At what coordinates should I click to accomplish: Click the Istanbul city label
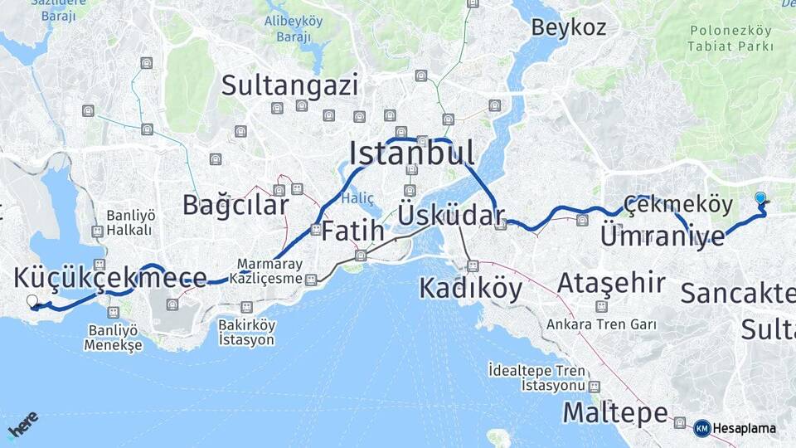(412, 153)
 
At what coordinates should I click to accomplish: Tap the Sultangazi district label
(290, 85)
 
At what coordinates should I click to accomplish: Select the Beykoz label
(569, 27)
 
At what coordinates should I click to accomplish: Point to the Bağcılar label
(235, 205)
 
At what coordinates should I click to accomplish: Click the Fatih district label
(352, 230)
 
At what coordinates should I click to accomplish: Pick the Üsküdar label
(451, 215)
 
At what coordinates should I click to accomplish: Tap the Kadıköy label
(470, 288)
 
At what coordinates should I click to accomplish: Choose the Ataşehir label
(611, 283)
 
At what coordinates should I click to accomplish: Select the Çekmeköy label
(678, 204)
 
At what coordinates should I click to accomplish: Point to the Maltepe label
(615, 412)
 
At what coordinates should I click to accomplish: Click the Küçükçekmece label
(110, 278)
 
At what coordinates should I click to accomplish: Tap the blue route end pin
(760, 198)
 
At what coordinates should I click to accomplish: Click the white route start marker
(32, 301)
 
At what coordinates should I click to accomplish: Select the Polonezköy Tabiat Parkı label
(730, 38)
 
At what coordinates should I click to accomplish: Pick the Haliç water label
(358, 197)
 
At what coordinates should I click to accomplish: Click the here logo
(22, 425)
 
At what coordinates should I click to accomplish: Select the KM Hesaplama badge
(735, 428)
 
